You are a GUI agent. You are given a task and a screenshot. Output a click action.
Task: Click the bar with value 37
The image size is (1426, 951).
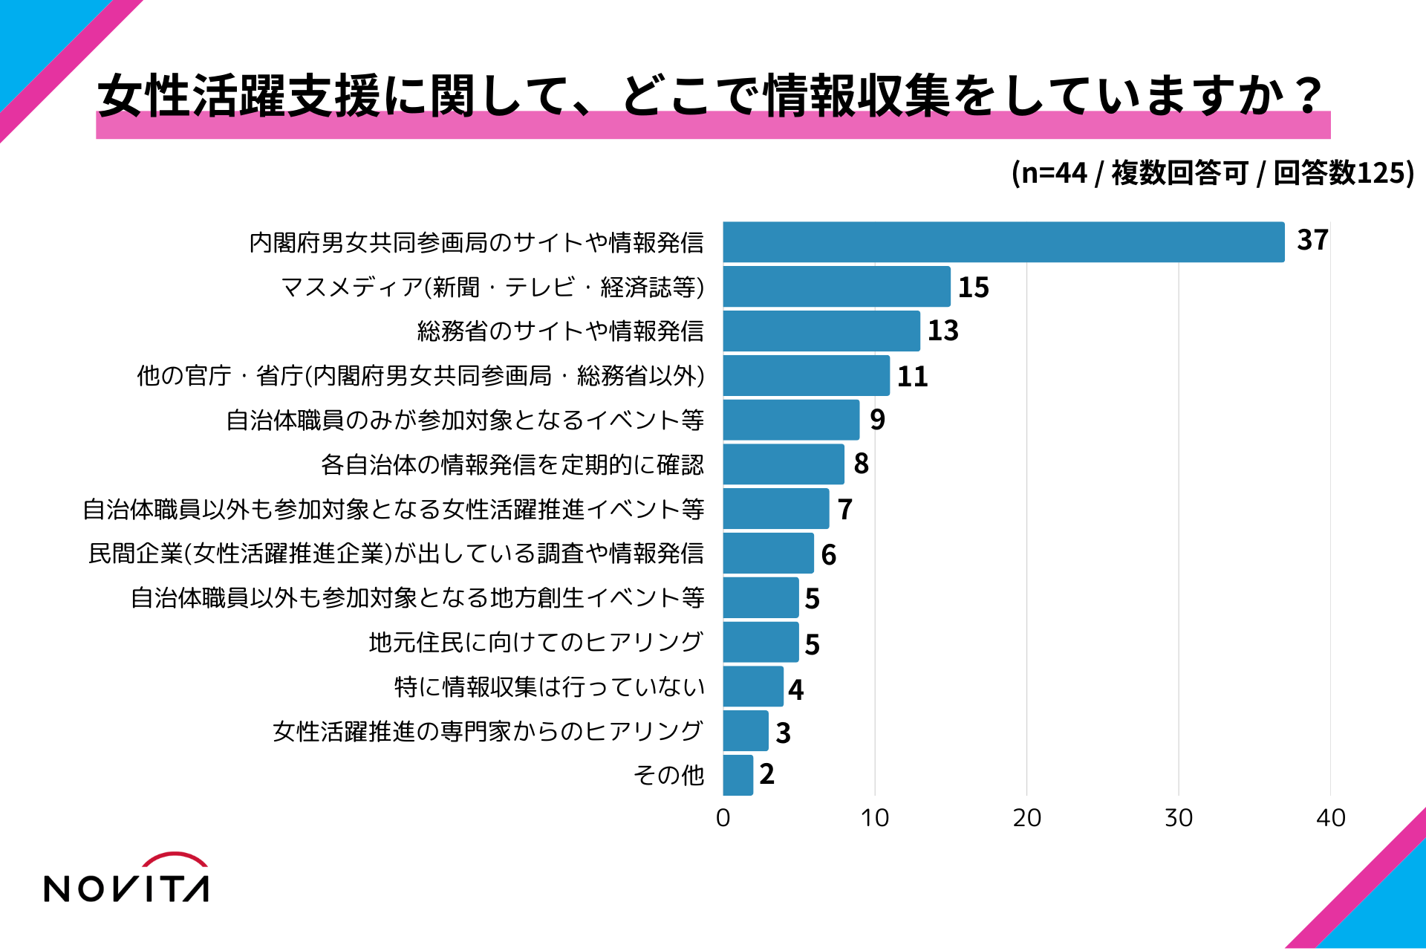click(1003, 242)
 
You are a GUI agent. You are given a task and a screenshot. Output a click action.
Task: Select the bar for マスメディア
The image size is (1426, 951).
click(836, 287)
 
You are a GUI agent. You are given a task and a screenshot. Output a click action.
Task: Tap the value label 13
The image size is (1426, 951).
click(942, 331)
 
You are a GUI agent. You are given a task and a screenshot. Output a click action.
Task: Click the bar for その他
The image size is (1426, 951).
click(738, 775)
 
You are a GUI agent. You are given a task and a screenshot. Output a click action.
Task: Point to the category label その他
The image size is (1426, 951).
click(668, 775)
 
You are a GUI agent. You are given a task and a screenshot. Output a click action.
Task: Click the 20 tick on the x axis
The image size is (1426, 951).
click(1026, 818)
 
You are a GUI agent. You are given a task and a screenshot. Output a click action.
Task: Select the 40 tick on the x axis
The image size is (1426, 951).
click(1330, 818)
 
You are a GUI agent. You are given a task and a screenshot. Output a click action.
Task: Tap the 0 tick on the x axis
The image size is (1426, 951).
click(723, 818)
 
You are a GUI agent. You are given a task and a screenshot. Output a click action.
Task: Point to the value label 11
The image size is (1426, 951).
click(912, 377)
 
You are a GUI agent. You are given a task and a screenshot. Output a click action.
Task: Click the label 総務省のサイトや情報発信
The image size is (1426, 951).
click(560, 331)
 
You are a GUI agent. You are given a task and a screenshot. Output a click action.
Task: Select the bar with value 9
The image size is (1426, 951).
click(791, 420)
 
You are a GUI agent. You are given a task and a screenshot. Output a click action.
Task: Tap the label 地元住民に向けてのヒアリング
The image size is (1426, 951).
click(535, 642)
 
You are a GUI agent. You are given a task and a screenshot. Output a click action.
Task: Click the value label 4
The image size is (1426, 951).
click(795, 690)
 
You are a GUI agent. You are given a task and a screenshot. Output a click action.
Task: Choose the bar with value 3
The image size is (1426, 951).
click(745, 731)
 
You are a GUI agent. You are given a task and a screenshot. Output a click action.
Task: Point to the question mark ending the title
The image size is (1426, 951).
click(1306, 95)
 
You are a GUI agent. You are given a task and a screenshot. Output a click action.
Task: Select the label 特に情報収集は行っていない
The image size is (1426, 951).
click(549, 687)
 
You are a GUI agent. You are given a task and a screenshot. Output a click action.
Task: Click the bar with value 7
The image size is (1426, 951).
click(775, 509)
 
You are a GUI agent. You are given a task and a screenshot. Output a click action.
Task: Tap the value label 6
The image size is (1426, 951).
click(828, 555)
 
